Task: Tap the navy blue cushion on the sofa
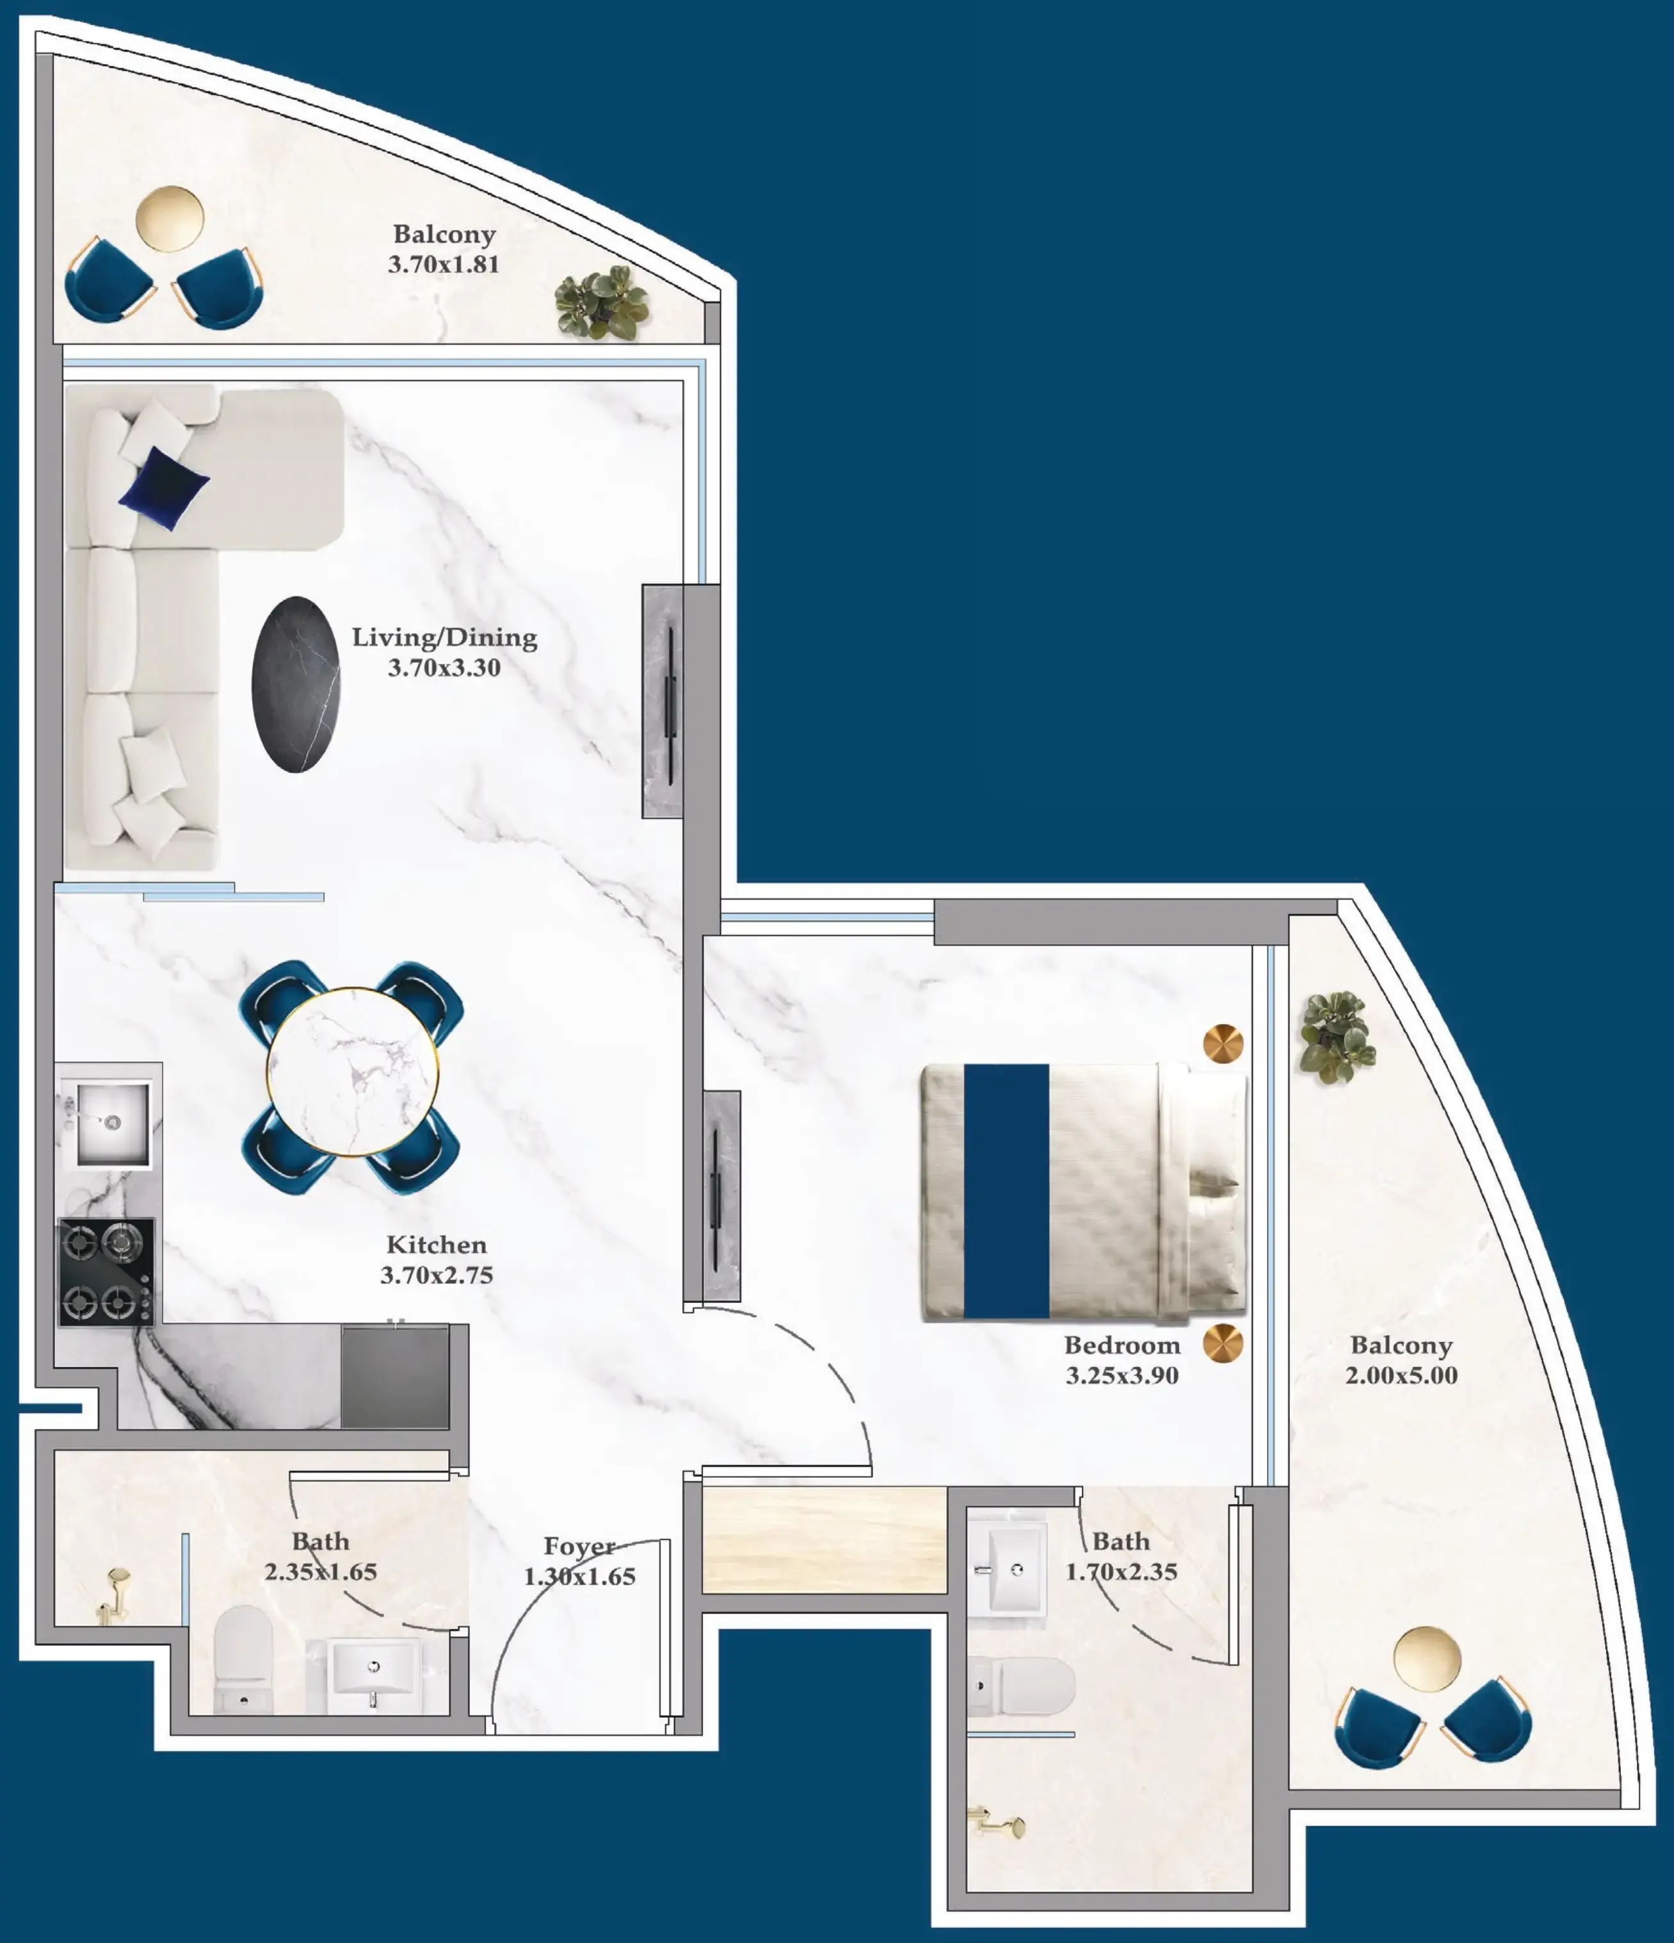164,488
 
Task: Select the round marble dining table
353,1071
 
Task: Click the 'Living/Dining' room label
444,637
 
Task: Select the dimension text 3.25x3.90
1122,1376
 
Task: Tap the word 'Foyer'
579,1546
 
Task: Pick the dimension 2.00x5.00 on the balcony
1401,1376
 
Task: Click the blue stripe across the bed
1006,1191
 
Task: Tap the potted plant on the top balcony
601,302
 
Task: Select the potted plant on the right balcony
1335,1036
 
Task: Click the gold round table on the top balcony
170,218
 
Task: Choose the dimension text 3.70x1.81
444,264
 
